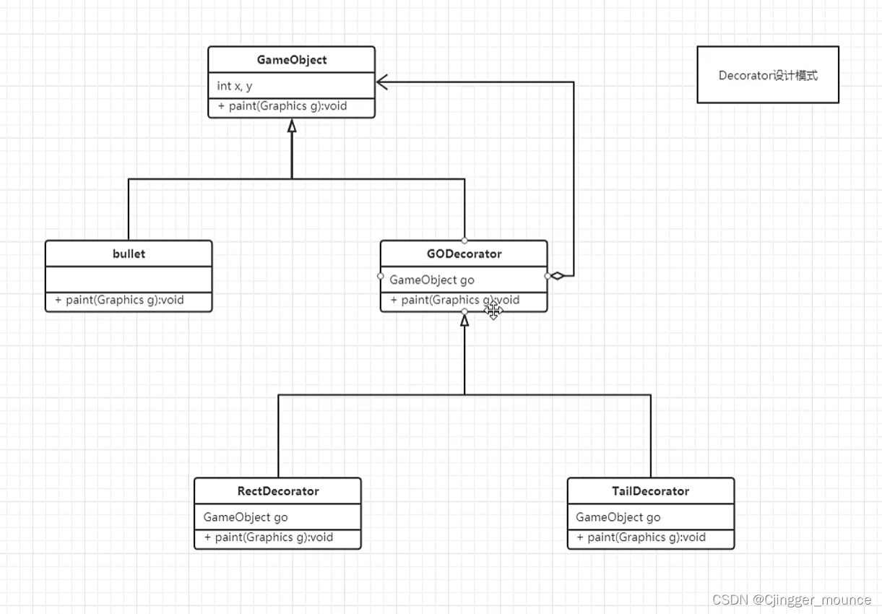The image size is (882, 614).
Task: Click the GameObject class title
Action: click(291, 60)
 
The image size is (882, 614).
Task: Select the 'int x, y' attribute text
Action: click(235, 86)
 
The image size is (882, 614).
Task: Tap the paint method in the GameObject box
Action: click(282, 106)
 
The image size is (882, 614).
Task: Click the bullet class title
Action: click(129, 254)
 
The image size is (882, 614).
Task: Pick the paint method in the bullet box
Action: click(119, 300)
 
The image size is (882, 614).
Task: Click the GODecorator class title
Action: click(464, 254)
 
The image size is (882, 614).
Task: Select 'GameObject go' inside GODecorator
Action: click(432, 280)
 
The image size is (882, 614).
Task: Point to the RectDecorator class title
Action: click(277, 490)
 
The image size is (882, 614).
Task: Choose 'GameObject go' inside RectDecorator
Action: click(246, 517)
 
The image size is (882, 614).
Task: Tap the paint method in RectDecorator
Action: click(269, 537)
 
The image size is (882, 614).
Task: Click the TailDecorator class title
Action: click(650, 490)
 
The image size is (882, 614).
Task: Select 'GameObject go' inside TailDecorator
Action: click(618, 517)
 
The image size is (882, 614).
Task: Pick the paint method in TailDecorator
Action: click(641, 537)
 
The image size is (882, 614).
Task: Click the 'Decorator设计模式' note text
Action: click(768, 75)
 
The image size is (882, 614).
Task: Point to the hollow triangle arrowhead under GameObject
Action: click(292, 126)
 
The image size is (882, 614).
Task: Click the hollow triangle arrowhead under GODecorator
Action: click(464, 320)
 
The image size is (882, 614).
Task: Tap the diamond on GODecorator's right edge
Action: click(557, 276)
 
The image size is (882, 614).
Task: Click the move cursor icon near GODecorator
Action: click(493, 311)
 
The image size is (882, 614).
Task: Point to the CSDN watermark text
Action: click(792, 600)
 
